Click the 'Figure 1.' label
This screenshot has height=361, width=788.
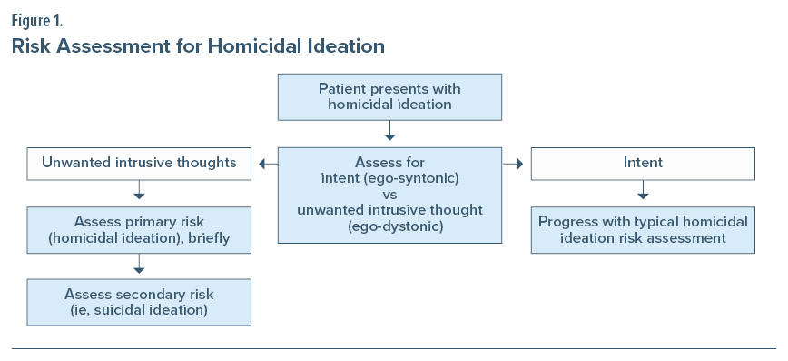pyautogui.click(x=37, y=22)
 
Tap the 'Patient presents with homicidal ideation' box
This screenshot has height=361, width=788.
pyautogui.click(x=389, y=97)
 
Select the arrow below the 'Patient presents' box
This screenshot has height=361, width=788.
pyautogui.click(x=389, y=130)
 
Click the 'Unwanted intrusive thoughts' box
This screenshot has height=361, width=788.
pyautogui.click(x=139, y=164)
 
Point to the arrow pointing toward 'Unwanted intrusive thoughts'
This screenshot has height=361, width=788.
pyautogui.click(x=268, y=164)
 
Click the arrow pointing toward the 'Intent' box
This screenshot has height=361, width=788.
pyautogui.click(x=513, y=164)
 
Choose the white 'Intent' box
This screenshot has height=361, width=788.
pyautogui.click(x=643, y=164)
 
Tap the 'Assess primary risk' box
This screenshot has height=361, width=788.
pyautogui.click(x=139, y=230)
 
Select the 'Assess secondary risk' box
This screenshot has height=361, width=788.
pyautogui.click(x=139, y=302)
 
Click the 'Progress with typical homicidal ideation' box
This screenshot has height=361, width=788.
pyautogui.click(x=643, y=230)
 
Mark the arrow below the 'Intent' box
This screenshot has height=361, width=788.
pyautogui.click(x=643, y=189)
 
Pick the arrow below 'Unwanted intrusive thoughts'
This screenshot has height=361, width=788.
pyautogui.click(x=139, y=189)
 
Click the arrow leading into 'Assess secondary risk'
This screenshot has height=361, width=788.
pyautogui.click(x=139, y=264)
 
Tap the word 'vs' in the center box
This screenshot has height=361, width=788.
pyautogui.click(x=389, y=195)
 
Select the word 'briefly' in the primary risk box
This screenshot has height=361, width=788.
pyautogui.click(x=210, y=237)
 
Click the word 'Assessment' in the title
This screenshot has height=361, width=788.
pyautogui.click(x=113, y=46)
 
